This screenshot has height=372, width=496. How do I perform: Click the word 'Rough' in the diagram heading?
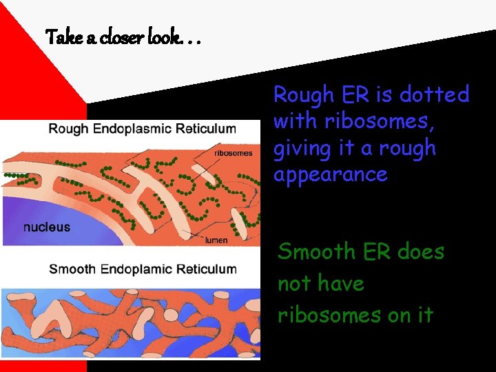[x=68, y=128]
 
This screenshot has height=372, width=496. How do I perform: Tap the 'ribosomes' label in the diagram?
[x=234, y=153]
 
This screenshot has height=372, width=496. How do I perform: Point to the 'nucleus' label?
[x=47, y=227]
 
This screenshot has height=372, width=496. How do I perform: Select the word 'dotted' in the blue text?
[x=435, y=94]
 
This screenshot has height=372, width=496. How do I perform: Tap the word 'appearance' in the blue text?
[x=331, y=175]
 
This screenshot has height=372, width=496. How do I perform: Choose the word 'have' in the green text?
[x=340, y=284]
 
